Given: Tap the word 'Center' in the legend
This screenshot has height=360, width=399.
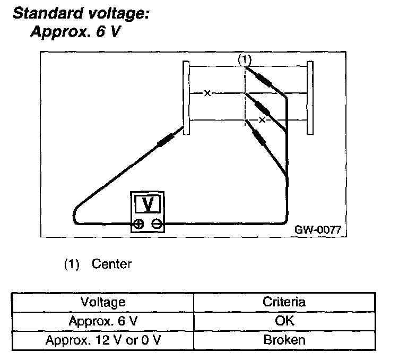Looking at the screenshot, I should coord(111,264).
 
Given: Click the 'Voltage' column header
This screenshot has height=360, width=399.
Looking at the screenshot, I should coord(102,302).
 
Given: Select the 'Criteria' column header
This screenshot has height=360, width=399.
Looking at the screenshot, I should coord(284,302).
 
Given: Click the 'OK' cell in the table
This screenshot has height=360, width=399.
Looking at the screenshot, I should coord(284,321).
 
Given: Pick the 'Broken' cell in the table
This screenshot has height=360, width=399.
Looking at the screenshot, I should coord(284,340).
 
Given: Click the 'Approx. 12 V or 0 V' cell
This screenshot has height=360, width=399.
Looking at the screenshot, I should coord(102,340).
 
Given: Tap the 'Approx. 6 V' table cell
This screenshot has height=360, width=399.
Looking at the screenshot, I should coord(102,321).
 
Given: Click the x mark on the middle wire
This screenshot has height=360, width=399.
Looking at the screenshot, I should coord(207,93).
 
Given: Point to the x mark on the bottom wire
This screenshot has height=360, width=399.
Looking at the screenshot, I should coord(262,120).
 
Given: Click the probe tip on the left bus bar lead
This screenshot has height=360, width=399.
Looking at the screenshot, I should coord(167,139).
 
